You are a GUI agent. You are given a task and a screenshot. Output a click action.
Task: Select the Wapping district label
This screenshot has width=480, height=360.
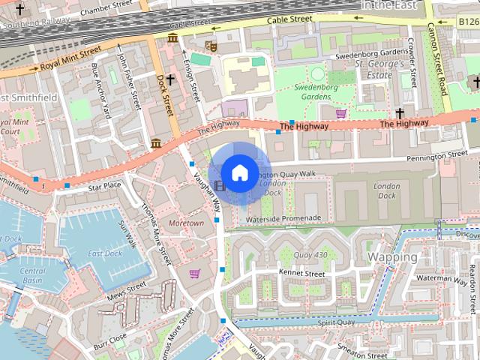pyautogui.click(x=392, y=257)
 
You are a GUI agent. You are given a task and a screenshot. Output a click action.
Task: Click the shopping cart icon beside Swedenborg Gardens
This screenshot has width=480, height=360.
pyautogui.click(x=341, y=113)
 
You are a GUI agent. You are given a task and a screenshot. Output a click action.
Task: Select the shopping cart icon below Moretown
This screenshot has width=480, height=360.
pyautogui.click(x=195, y=274)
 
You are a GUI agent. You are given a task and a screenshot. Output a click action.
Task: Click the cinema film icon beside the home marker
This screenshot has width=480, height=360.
pyautogui.click(x=219, y=185)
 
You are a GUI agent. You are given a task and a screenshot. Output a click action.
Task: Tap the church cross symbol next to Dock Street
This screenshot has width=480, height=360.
pyautogui.click(x=170, y=79)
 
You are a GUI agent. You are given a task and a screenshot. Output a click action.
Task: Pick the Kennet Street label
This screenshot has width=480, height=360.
pyautogui.click(x=301, y=274)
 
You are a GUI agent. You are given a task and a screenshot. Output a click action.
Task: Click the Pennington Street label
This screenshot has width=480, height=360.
pyautogui.click(x=436, y=157)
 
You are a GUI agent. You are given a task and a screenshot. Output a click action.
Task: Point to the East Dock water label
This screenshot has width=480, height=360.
pyautogui.click(x=104, y=253)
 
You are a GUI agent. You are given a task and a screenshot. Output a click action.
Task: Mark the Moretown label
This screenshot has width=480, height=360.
pyautogui.click(x=186, y=223)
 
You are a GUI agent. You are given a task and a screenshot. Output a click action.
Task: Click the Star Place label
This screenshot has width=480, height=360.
pyautogui.click(x=104, y=185)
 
